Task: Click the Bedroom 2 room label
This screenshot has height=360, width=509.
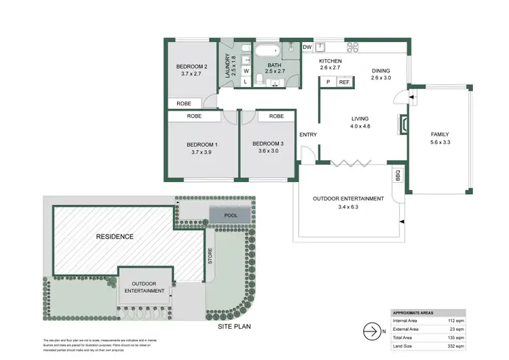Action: [x=191, y=66]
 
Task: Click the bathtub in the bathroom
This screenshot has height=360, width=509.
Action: [x=265, y=51]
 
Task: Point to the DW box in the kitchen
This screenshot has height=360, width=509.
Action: [x=307, y=48]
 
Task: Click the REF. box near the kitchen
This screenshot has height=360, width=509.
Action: [x=344, y=82]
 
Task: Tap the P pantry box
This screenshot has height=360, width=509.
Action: [x=328, y=82]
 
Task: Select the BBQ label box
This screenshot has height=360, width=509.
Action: [x=397, y=175]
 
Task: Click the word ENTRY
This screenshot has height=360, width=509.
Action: [x=308, y=134]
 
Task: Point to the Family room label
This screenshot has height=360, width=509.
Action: [x=440, y=134]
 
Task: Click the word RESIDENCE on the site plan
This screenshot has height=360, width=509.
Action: [x=114, y=236]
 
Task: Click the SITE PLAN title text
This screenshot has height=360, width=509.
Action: [x=235, y=326]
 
